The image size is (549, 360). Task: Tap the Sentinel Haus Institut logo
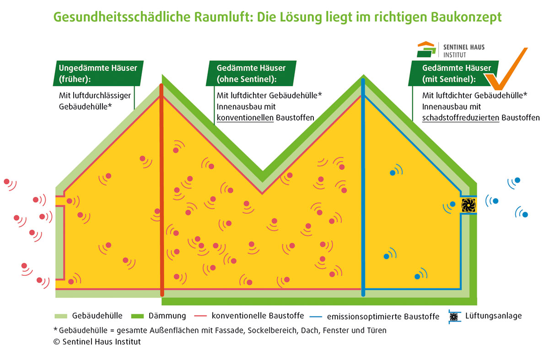click(451, 50)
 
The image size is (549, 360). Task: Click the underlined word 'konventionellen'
click(245, 118)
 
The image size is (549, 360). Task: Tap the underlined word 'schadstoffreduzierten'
click(461, 118)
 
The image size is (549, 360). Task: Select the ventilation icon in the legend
click(454, 317)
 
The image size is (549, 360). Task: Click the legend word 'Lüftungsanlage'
click(493, 316)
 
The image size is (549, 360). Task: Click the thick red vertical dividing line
click(161, 192)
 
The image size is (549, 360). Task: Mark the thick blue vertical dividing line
click(363, 192)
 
